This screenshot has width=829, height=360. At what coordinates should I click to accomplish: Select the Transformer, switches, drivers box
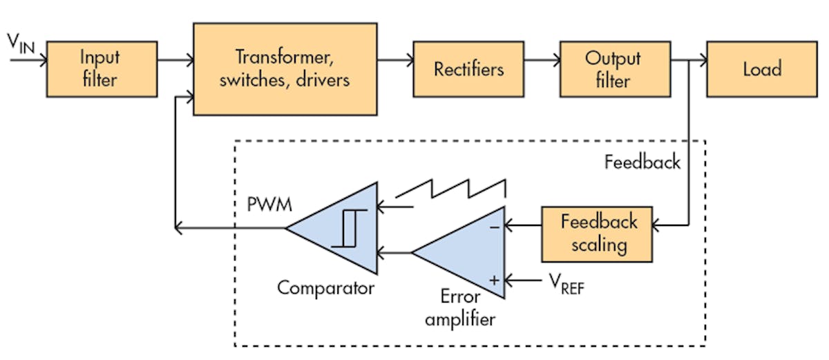pyautogui.click(x=285, y=68)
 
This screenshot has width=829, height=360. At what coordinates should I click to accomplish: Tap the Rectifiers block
pyautogui.click(x=468, y=69)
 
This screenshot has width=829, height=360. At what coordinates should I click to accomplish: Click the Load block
pyautogui.click(x=762, y=69)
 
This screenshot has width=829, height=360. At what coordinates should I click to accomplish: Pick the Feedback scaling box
pyautogui.click(x=597, y=234)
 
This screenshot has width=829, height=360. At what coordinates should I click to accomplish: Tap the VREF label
pyautogui.click(x=564, y=283)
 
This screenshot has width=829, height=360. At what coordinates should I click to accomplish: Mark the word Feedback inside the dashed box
pyautogui.click(x=642, y=162)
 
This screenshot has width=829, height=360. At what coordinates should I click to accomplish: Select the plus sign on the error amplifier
pyautogui.click(x=493, y=280)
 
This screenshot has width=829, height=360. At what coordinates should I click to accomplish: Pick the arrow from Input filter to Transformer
pyautogui.click(x=175, y=61)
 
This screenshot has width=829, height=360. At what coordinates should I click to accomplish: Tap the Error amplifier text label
pyautogui.click(x=459, y=308)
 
